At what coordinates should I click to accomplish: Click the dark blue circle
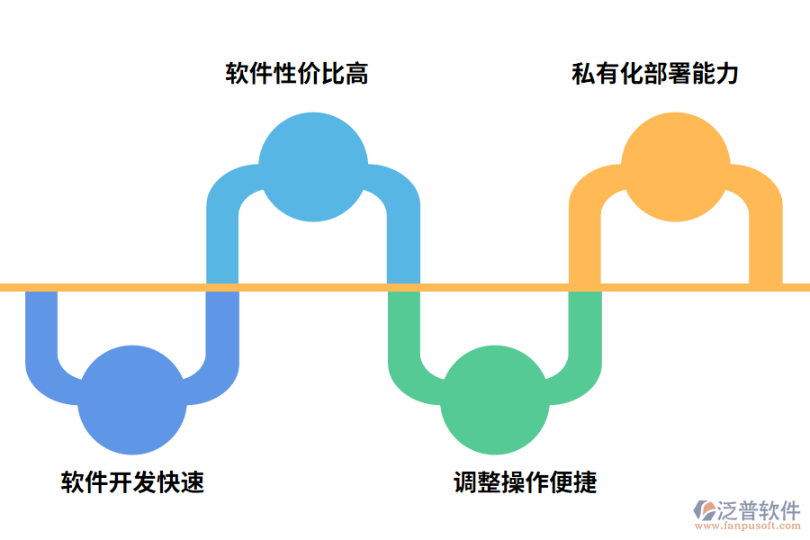[132, 400]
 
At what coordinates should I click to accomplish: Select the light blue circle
[313, 166]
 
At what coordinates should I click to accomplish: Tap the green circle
[494, 400]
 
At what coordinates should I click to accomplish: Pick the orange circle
[676, 166]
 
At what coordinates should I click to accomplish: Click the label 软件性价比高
[296, 73]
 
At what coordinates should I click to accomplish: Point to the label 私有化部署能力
[655, 73]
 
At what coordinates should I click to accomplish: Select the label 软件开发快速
[132, 482]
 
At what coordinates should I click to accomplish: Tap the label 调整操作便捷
[525, 482]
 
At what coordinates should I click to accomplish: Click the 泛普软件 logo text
[758, 510]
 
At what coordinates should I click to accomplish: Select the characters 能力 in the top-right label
[715, 73]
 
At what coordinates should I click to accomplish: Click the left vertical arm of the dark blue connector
[41, 324]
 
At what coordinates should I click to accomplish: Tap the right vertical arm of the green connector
[585, 324]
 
